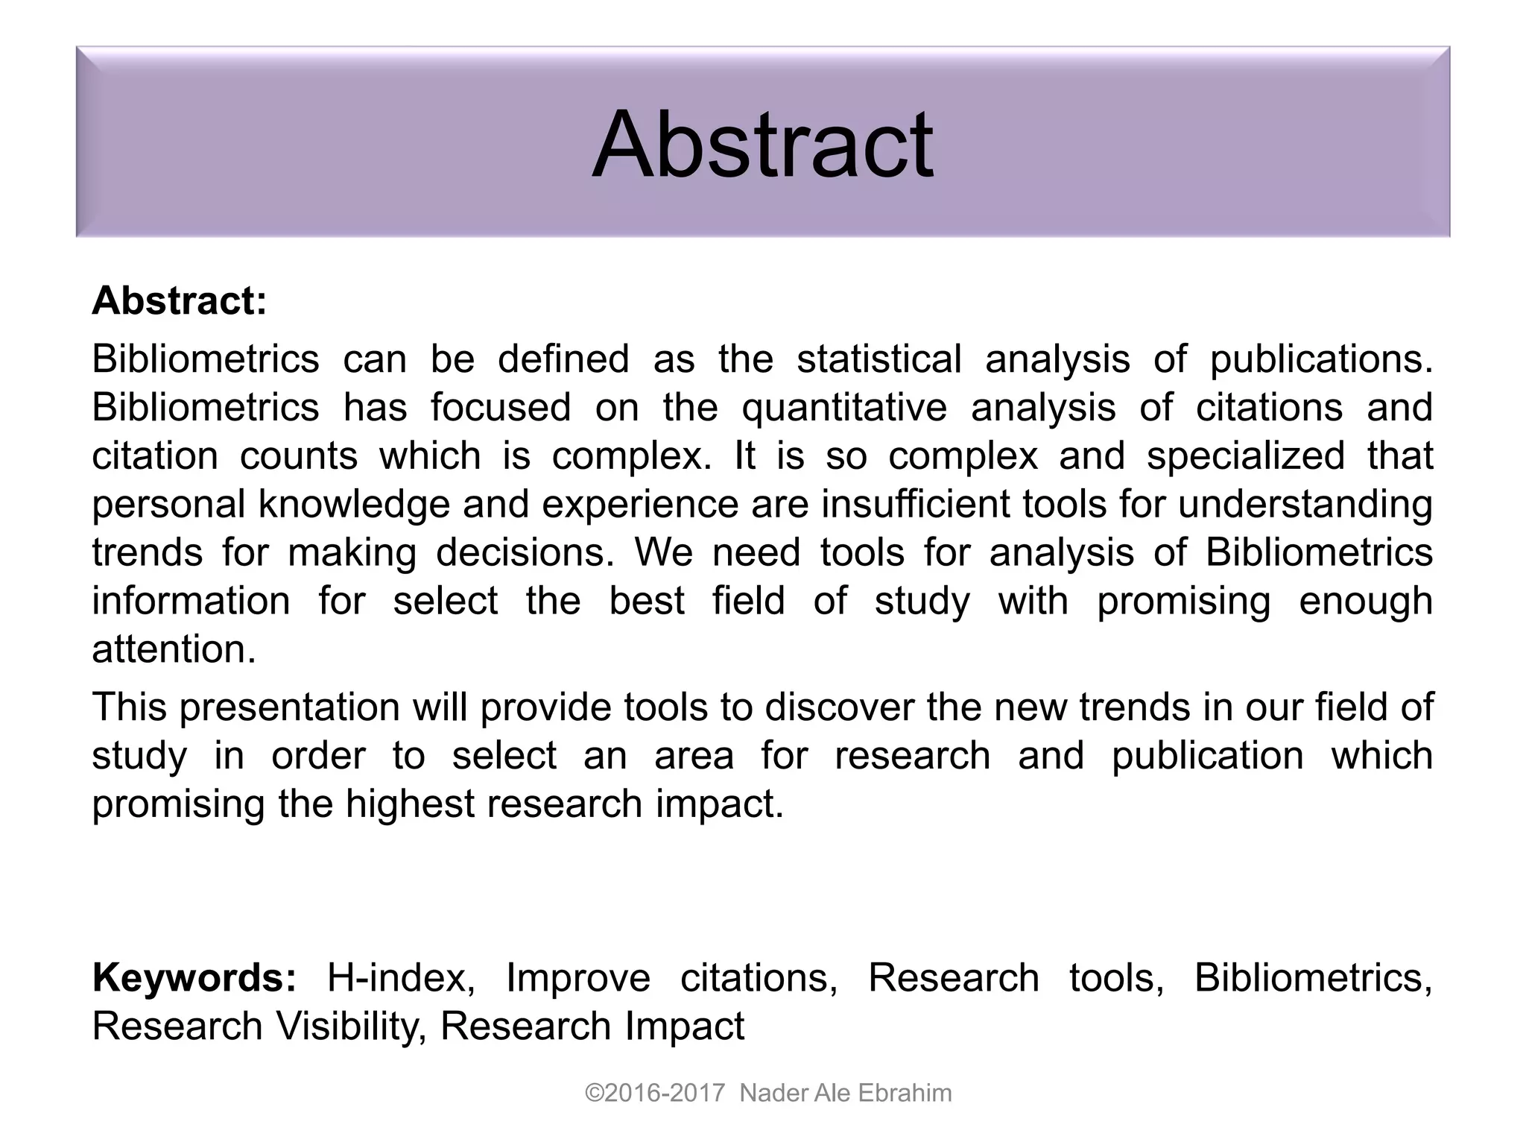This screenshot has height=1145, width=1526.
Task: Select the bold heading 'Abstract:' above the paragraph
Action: [179, 301]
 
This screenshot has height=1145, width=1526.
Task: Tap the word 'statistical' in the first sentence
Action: [879, 359]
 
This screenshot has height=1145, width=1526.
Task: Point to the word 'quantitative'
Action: [844, 408]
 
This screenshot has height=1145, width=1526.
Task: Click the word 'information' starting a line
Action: [191, 601]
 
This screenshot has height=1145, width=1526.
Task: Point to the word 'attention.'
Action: [174, 649]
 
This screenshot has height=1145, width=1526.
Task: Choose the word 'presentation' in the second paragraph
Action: [290, 707]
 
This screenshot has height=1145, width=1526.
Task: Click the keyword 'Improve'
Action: [578, 977]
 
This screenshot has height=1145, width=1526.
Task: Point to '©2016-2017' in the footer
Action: [655, 1093]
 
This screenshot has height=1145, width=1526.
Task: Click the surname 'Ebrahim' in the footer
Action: [905, 1093]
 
